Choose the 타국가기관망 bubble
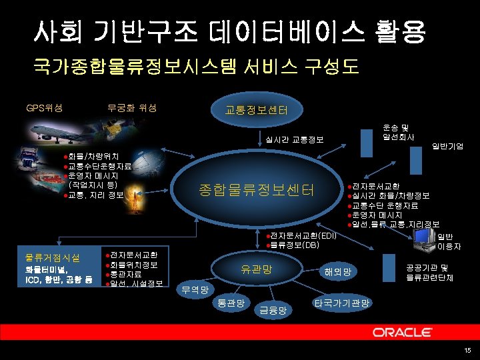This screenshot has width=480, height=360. pos(341,303)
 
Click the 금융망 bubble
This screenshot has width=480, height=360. pos(273,309)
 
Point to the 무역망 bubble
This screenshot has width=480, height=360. pos(195,290)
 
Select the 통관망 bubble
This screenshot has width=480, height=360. pos(231,303)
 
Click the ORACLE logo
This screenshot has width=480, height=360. pos(405,332)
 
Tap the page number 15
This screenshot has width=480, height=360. pos(467,351)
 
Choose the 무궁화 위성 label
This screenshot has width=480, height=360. pos(131,107)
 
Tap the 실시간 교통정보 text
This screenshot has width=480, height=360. pos(294,139)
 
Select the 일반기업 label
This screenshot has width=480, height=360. pos(447,145)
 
